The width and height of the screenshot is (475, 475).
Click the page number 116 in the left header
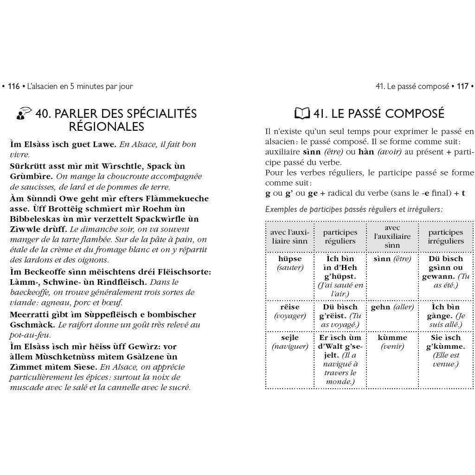point(14,86)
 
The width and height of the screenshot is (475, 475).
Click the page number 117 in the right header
point(462,86)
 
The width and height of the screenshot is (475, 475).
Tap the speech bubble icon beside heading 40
point(24,114)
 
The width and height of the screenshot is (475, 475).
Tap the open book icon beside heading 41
point(302,114)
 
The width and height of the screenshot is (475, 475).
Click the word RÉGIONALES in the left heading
point(106,127)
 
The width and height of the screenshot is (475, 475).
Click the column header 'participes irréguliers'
point(445,237)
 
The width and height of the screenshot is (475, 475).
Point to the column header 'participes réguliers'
point(340,237)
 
